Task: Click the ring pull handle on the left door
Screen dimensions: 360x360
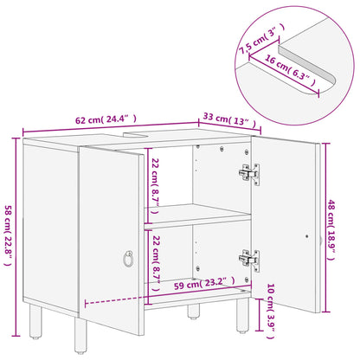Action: (128, 257)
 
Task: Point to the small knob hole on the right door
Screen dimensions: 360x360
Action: (309, 234)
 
